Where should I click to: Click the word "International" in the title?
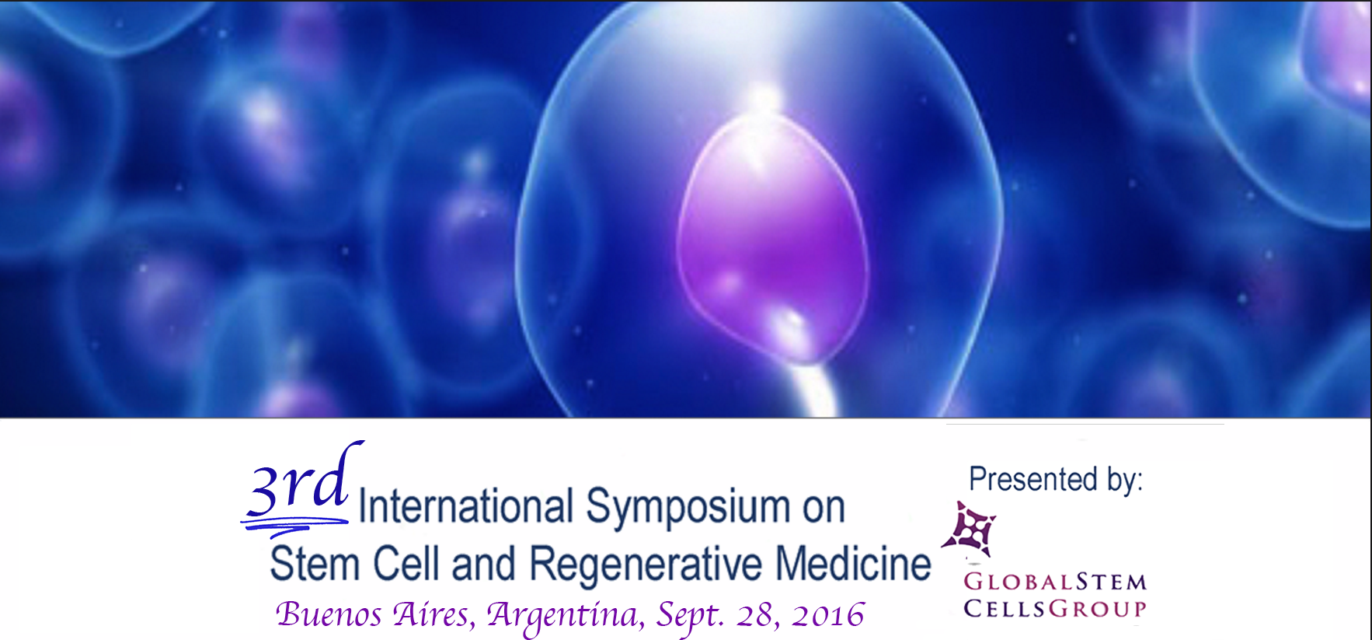tap(466, 506)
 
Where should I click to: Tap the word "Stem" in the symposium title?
tap(315, 563)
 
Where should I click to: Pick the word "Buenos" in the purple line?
tap(329, 614)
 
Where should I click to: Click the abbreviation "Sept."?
tap(690, 616)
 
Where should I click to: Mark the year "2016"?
tap(827, 615)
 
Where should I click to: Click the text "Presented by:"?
tap(1056, 480)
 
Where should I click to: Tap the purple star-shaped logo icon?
tap(970, 530)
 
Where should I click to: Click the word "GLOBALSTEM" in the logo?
tap(1055, 582)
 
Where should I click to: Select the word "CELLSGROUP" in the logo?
tap(1055, 608)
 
